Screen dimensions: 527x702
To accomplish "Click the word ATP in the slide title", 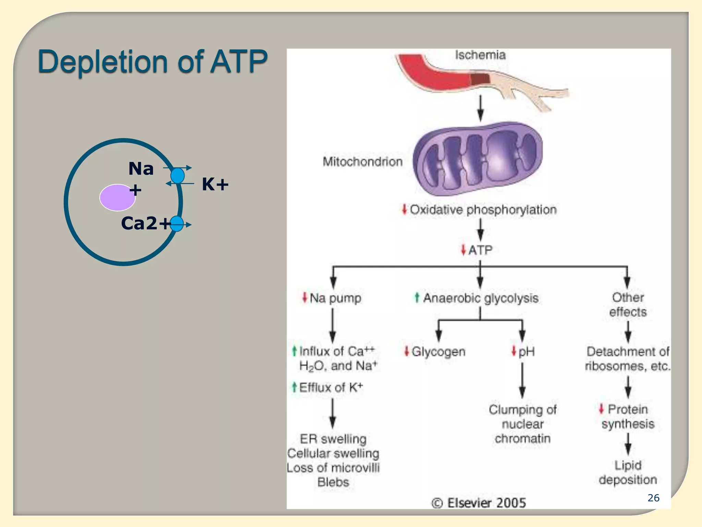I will (239, 62).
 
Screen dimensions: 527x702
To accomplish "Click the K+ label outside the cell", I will (215, 185).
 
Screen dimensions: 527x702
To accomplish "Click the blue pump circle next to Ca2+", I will (177, 224).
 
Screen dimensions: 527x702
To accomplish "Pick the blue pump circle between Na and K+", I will (178, 176).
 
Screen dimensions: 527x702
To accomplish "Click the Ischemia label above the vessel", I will (480, 55).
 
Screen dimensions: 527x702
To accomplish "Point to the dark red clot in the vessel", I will (480, 80).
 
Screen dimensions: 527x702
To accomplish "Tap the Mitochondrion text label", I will (362, 162).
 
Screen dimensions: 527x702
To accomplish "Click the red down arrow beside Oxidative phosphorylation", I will (404, 209).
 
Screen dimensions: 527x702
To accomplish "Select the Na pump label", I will (335, 298).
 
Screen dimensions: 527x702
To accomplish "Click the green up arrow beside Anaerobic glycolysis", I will (417, 297).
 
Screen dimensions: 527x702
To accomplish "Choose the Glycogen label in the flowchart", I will (438, 352).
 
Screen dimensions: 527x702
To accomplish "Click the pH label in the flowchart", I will (526, 352).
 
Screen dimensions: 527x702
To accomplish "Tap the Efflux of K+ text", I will (330, 388).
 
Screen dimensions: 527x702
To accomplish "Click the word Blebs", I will (333, 482).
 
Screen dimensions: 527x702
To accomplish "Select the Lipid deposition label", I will (628, 472).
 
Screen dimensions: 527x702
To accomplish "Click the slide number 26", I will (653, 498).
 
